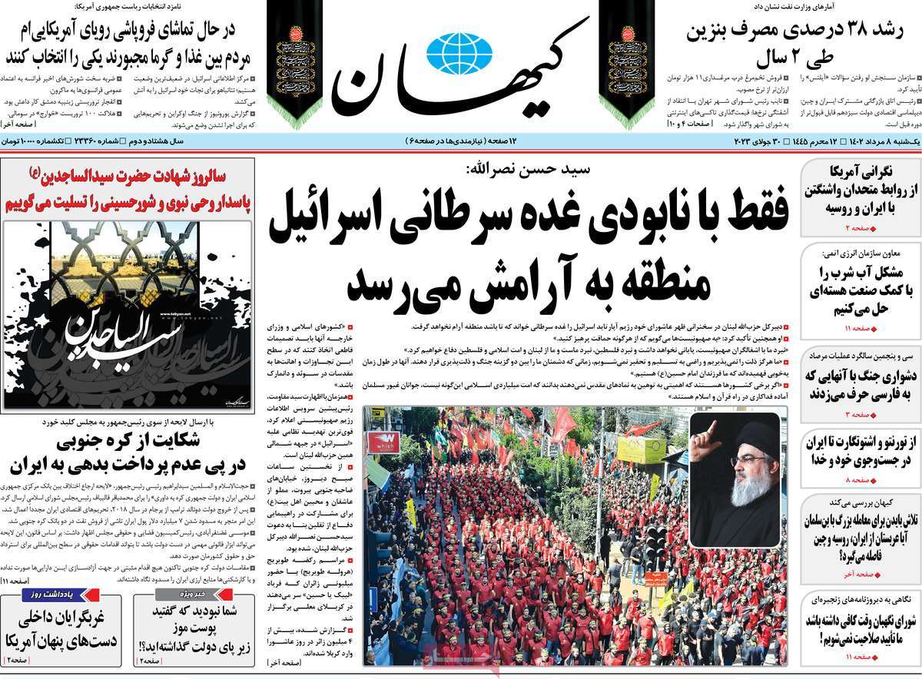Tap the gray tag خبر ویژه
tap(180, 595)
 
